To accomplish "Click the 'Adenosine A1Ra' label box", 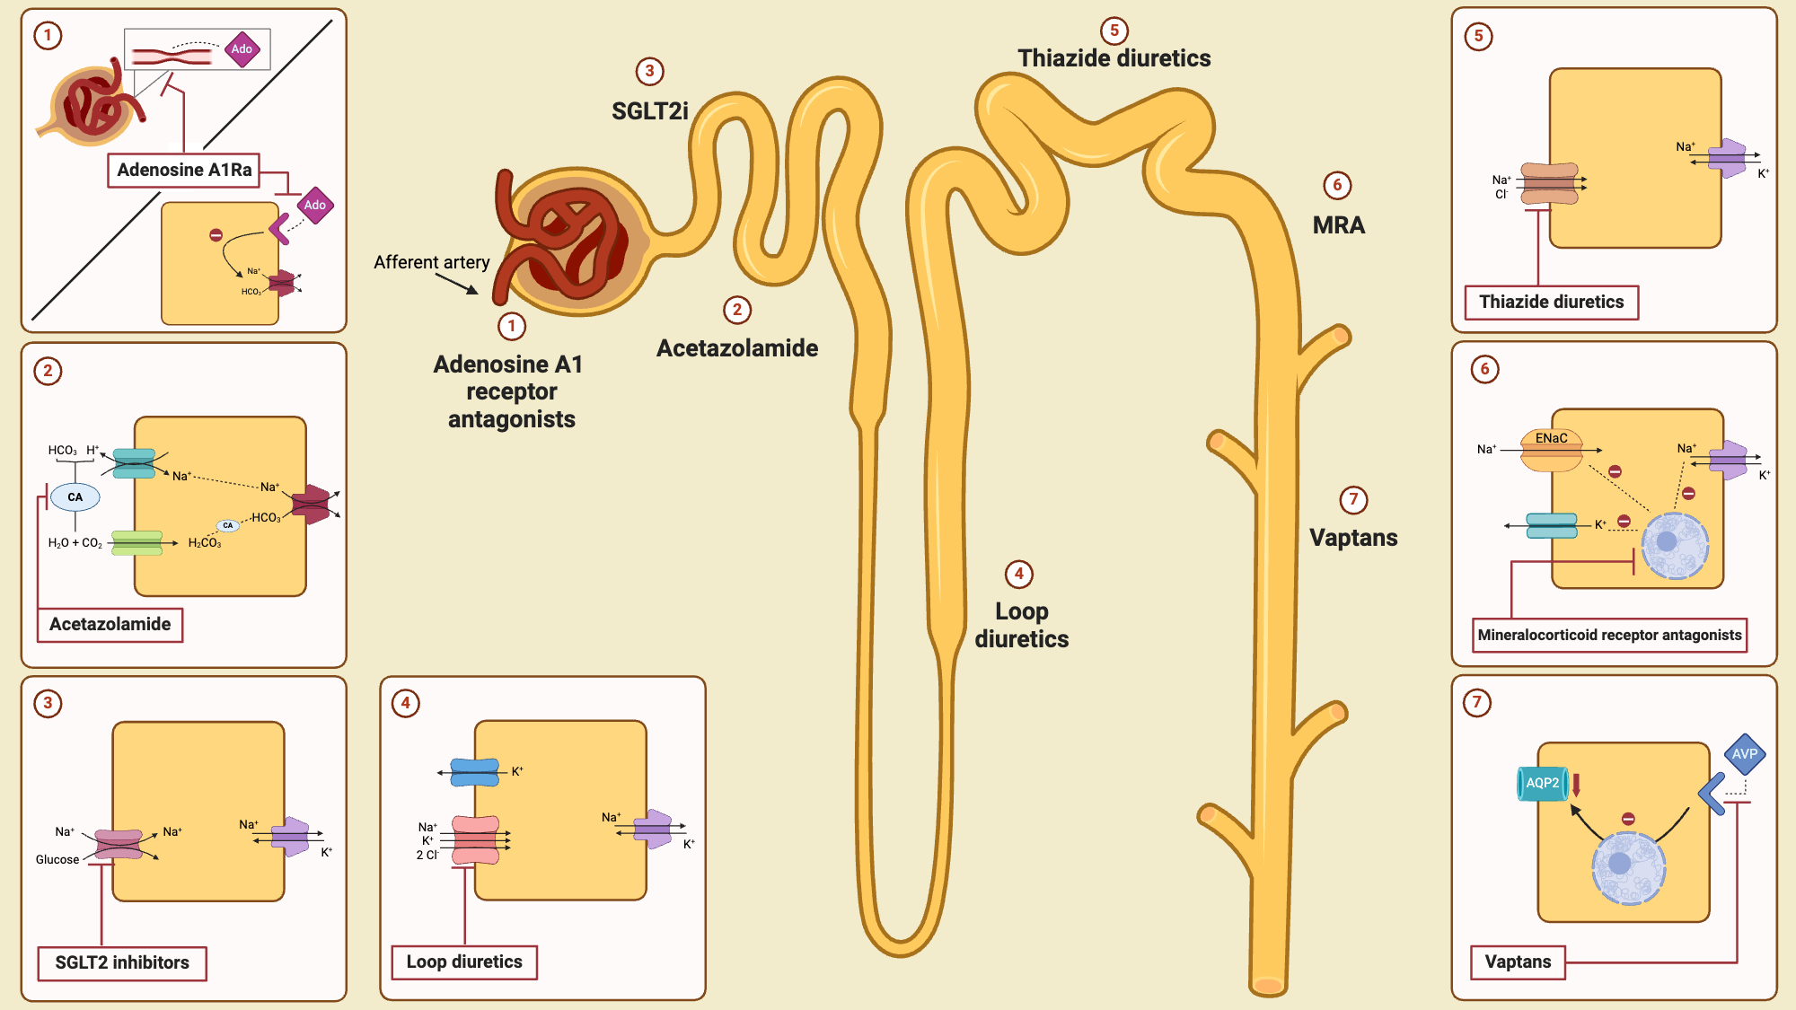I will pyautogui.click(x=184, y=170).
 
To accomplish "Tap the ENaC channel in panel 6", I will pyautogui.click(x=1551, y=449).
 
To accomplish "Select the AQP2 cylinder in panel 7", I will pyautogui.click(x=1543, y=783).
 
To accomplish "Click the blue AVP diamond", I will pyautogui.click(x=1744, y=754).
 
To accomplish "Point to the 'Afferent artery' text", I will pyautogui.click(x=431, y=262).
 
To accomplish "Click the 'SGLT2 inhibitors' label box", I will pyautogui.click(x=122, y=962).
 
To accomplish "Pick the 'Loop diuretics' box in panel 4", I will pyautogui.click(x=464, y=962).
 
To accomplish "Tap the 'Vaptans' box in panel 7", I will pyautogui.click(x=1518, y=962).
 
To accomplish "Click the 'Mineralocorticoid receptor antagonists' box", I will pyautogui.click(x=1609, y=635).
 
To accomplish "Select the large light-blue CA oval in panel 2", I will pyautogui.click(x=75, y=496).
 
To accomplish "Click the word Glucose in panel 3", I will pyautogui.click(x=57, y=859).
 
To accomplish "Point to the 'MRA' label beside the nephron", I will pyautogui.click(x=1338, y=225).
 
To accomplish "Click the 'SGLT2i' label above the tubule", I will pyautogui.click(x=649, y=111).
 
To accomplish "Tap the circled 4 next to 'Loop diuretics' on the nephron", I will pyautogui.click(x=1018, y=574).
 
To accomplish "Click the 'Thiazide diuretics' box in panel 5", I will pyautogui.click(x=1551, y=302).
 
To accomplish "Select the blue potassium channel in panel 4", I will pyautogui.click(x=474, y=772).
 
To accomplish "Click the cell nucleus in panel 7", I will pyautogui.click(x=1627, y=867).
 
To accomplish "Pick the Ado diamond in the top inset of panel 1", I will pyautogui.click(x=242, y=49).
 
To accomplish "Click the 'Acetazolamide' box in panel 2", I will pyautogui.click(x=110, y=624).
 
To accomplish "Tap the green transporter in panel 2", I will pyautogui.click(x=136, y=543).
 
